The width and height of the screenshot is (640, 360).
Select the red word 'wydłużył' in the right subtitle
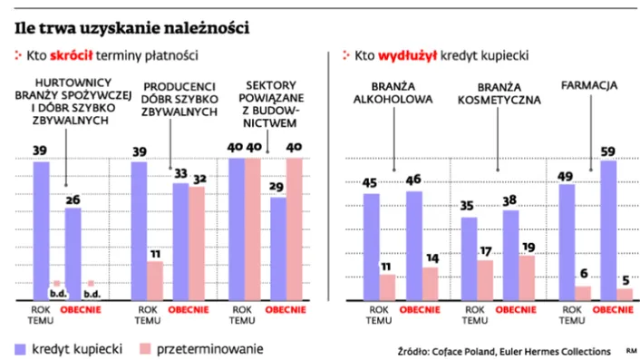[x=409, y=56]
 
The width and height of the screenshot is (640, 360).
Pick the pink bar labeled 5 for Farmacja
[x=624, y=294]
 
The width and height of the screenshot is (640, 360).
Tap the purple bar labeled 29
[x=252, y=248]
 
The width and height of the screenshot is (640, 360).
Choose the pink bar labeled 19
[x=526, y=277]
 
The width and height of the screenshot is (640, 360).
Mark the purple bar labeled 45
[x=372, y=245]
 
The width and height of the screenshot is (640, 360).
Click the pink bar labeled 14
[x=430, y=283]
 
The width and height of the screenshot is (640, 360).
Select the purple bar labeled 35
[x=469, y=258]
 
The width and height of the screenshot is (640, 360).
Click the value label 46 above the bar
[x=413, y=181]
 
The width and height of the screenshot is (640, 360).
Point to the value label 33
[x=179, y=173]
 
